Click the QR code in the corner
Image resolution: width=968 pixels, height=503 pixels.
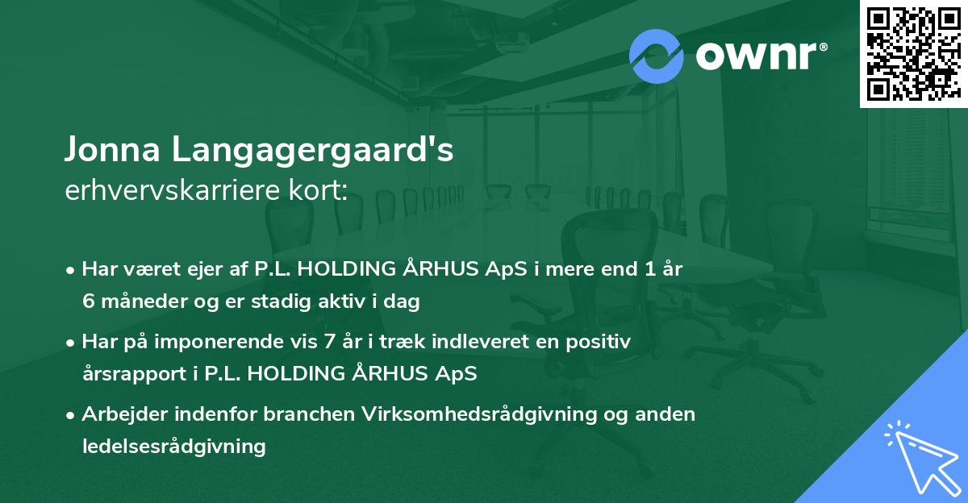913,54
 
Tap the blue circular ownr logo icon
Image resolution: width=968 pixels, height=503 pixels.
657,55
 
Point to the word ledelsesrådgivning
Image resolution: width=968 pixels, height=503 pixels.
173,446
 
